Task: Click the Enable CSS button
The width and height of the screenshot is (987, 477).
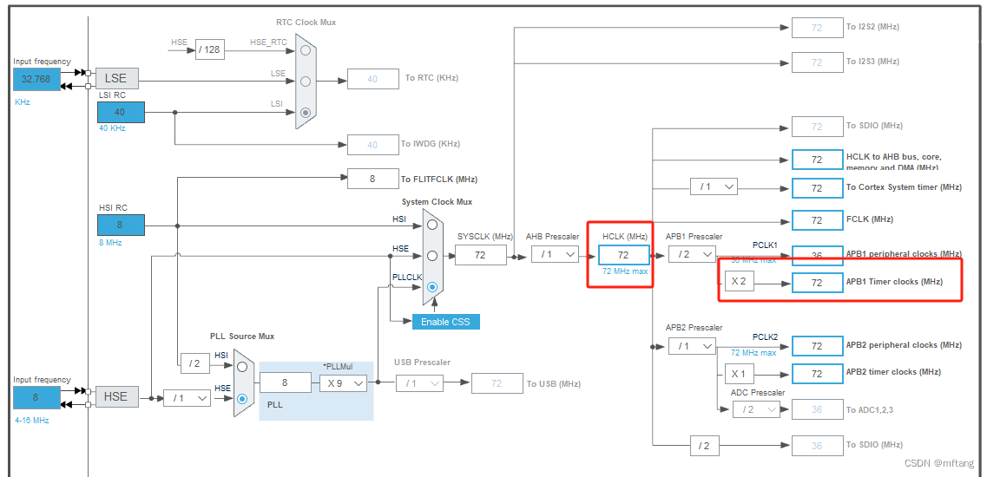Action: click(445, 322)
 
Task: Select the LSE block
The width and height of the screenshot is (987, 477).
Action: click(116, 78)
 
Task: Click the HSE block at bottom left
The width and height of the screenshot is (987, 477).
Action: click(115, 396)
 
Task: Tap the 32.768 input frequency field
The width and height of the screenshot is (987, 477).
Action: click(36, 79)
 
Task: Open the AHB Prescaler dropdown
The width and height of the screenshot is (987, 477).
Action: click(556, 254)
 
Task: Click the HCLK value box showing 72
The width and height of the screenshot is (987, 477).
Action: click(623, 254)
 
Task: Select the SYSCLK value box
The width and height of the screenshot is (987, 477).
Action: click(481, 254)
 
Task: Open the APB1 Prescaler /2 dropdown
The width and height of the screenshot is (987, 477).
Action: click(692, 254)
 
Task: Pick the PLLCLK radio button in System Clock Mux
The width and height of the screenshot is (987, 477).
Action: click(431, 286)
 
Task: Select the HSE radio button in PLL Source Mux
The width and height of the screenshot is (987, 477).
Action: click(242, 398)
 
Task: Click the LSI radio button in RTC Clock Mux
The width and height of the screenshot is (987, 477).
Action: click(305, 112)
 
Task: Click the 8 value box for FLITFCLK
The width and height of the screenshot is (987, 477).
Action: click(372, 179)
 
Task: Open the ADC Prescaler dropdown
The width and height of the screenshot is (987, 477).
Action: click(755, 409)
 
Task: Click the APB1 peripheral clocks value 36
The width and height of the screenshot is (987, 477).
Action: click(817, 255)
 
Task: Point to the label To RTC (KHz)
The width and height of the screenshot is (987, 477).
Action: click(431, 78)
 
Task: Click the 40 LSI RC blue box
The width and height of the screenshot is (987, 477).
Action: click(121, 112)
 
